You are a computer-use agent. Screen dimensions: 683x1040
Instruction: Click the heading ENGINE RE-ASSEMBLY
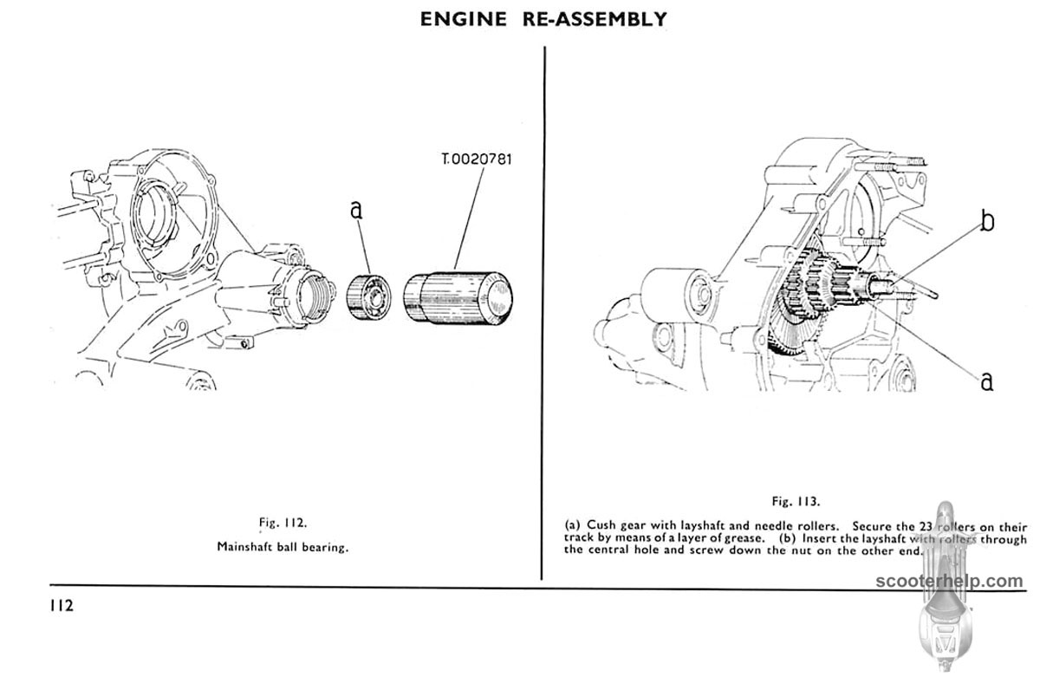point(543,18)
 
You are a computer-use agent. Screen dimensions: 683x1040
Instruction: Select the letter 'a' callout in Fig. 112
point(356,209)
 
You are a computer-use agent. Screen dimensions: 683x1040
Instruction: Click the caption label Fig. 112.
point(283,522)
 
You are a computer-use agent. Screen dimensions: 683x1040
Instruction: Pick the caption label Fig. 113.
point(796,501)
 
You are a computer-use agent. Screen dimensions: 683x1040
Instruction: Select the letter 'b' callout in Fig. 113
point(986,222)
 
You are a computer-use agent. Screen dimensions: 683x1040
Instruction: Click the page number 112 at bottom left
point(62,605)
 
